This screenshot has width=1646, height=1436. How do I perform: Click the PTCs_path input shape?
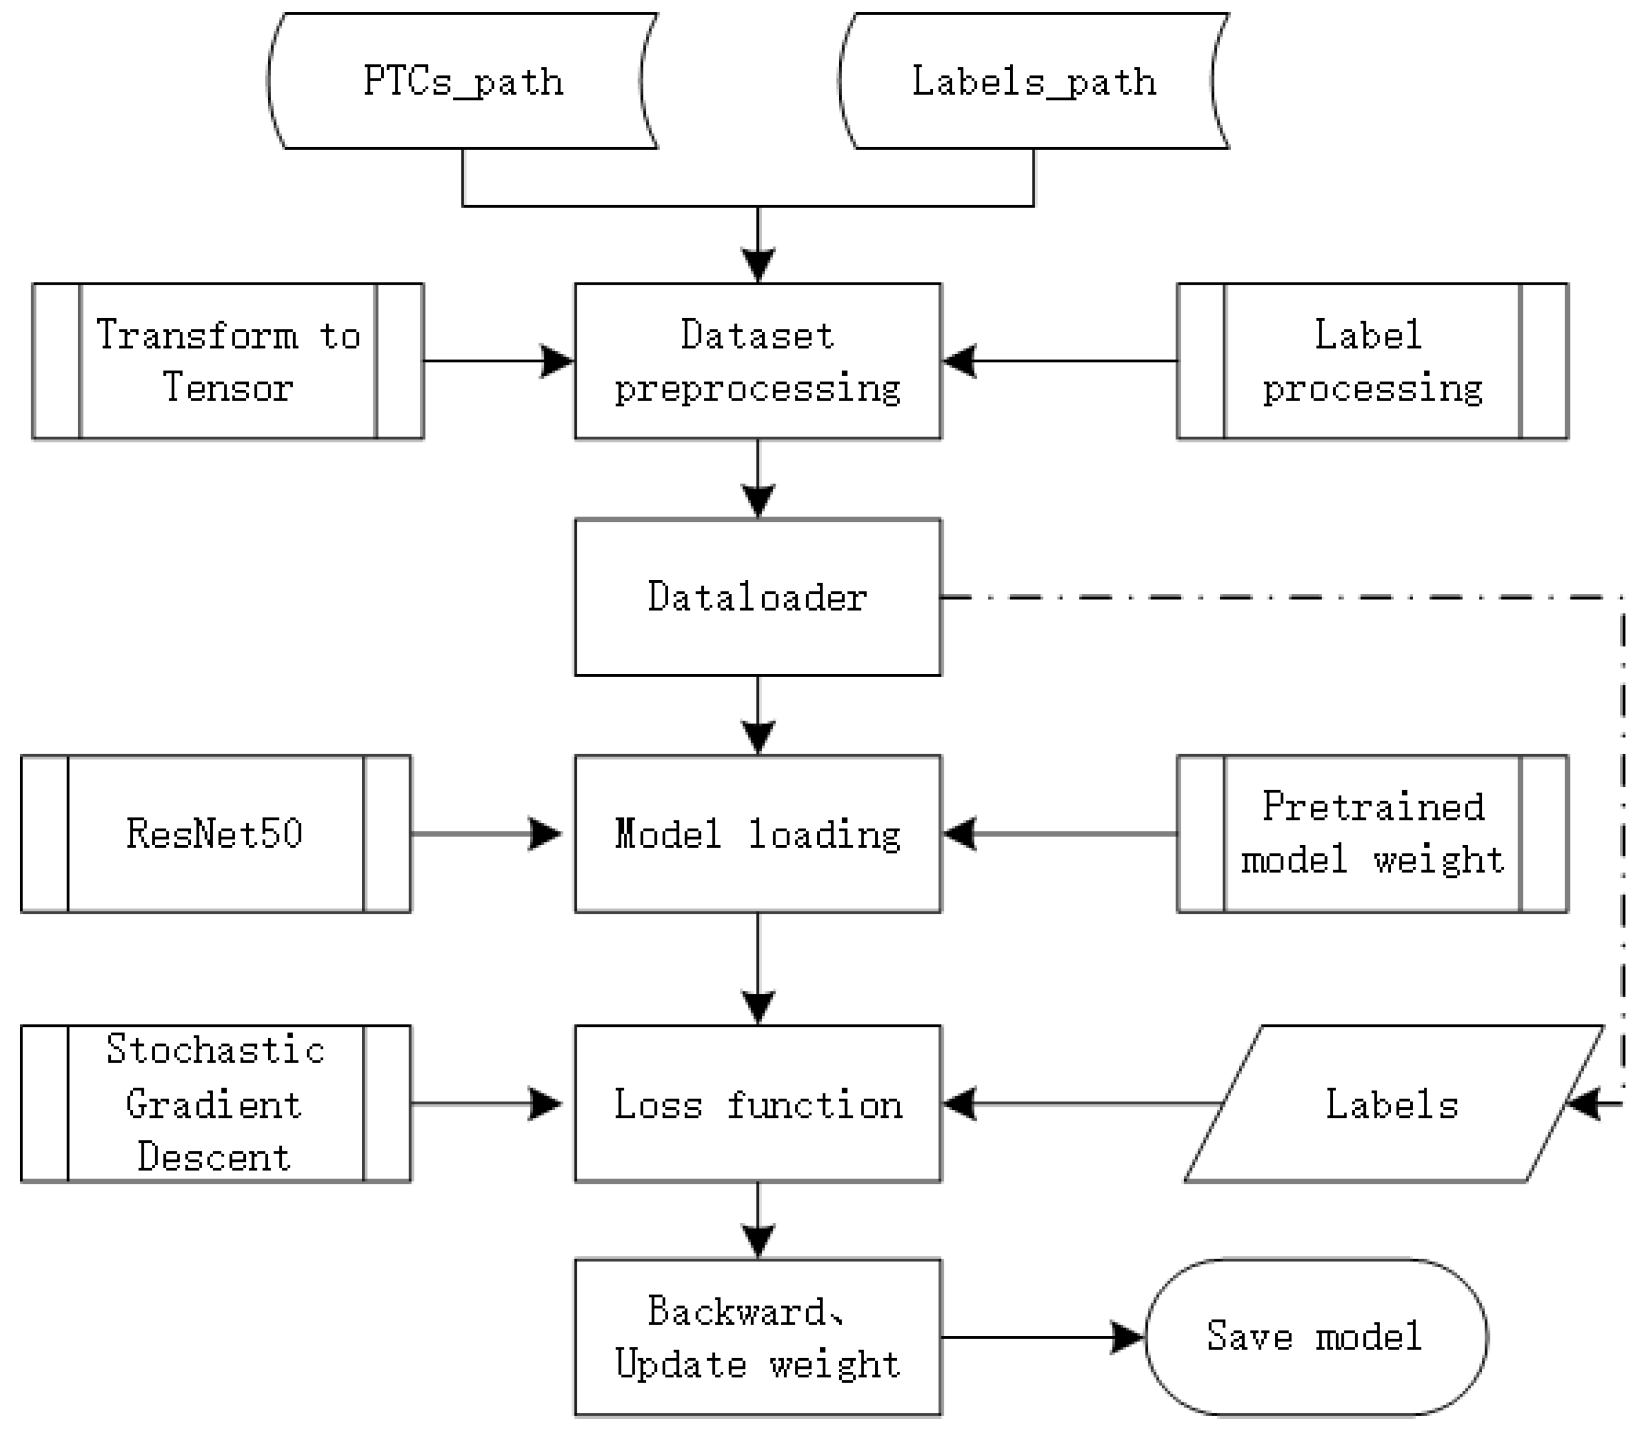click(x=462, y=81)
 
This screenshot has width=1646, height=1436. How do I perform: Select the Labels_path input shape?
click(x=1034, y=81)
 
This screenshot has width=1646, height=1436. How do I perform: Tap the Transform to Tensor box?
click(x=228, y=361)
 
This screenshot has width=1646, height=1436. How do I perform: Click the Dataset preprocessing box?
click(x=757, y=361)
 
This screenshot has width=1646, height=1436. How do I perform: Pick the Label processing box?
click(x=1372, y=361)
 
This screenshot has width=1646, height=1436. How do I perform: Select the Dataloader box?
click(x=757, y=597)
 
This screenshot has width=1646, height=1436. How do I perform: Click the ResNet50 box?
click(x=215, y=834)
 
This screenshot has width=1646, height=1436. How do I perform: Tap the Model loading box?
click(x=757, y=834)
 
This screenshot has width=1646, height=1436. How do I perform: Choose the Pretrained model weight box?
click(x=1372, y=834)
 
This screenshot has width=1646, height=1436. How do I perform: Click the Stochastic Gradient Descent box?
click(x=215, y=1104)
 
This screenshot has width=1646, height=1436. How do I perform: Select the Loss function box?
click(x=757, y=1104)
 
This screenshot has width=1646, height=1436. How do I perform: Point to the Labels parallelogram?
click(x=1393, y=1104)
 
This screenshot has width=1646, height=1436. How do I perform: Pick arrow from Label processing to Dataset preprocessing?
click(x=1058, y=361)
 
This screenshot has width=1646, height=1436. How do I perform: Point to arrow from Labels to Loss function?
click(x=1082, y=1104)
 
